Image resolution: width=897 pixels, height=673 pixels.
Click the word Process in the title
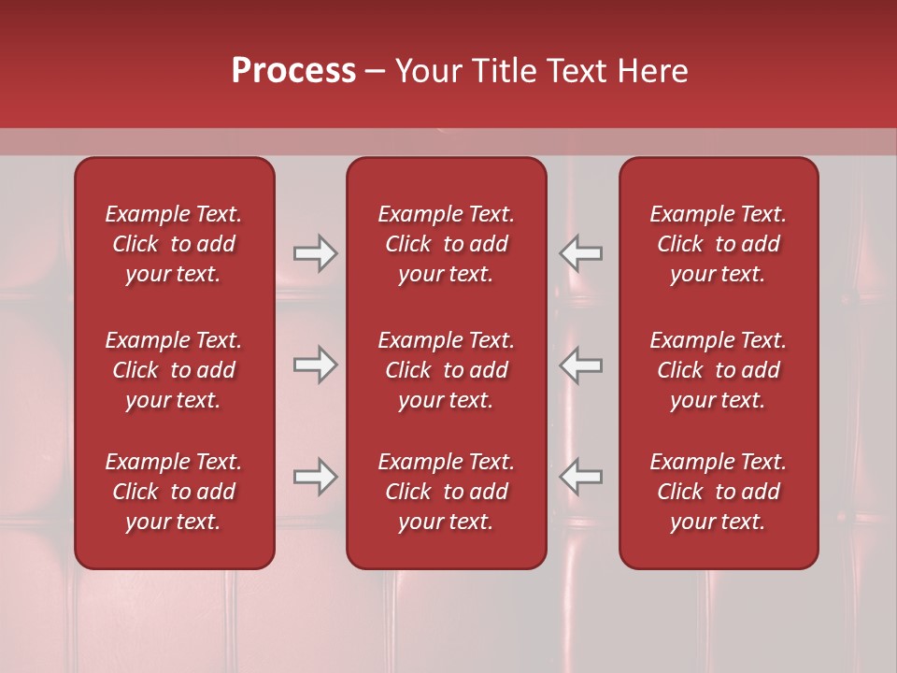293,70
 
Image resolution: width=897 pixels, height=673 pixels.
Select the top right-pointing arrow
315,253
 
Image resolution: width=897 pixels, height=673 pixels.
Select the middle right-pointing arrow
315,365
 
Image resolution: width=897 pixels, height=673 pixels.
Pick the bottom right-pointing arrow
315,477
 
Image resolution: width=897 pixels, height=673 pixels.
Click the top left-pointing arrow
580,253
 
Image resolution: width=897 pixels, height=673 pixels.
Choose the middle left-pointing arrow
580,365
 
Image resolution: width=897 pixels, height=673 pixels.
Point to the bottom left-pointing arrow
580,477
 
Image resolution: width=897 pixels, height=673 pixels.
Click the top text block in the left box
174,244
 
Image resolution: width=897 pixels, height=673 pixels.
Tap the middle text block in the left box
174,370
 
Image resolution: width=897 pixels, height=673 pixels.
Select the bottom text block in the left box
174,492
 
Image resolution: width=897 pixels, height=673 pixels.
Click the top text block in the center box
446,244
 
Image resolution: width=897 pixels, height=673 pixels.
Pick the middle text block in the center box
446,370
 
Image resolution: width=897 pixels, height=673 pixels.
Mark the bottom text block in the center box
446,492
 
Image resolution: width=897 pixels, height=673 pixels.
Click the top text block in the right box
718,244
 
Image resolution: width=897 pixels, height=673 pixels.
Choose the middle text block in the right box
718,370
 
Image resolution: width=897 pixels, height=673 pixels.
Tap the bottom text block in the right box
718,492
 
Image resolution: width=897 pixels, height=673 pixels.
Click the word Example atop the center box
418,215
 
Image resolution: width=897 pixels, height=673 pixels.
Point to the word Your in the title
428,70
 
